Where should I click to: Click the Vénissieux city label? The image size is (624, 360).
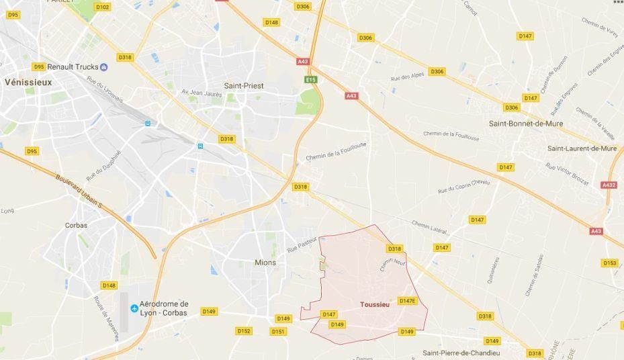pyautogui.click(x=28, y=81)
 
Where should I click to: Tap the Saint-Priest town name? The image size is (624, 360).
pyautogui.click(x=244, y=85)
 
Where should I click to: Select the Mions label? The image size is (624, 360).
pyautogui.click(x=265, y=263)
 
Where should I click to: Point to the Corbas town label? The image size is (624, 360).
pyautogui.click(x=76, y=226)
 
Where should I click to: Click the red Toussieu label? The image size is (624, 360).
pyautogui.click(x=375, y=304)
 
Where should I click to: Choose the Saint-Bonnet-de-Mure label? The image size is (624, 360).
pyautogui.click(x=526, y=124)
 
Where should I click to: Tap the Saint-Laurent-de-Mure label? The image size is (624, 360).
pyautogui.click(x=582, y=148)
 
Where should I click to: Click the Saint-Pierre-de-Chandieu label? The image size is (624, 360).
pyautogui.click(x=461, y=353)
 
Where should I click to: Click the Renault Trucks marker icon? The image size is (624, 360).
pyautogui.click(x=103, y=66)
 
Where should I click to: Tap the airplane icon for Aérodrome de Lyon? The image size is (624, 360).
pyautogui.click(x=134, y=308)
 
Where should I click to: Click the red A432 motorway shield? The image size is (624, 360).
pyautogui.click(x=609, y=185)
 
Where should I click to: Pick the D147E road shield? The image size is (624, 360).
pyautogui.click(x=408, y=301)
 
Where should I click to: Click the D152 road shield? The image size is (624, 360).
pyautogui.click(x=244, y=331)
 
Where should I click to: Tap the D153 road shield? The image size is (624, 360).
pyautogui.click(x=610, y=263)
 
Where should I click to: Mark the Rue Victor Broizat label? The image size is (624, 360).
pyautogui.click(x=568, y=173)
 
